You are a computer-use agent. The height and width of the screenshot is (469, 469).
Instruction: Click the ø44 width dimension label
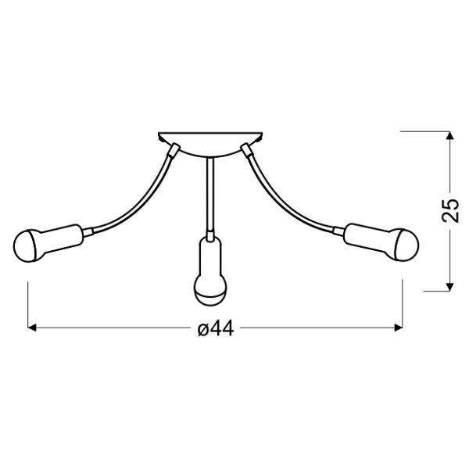pos(215,329)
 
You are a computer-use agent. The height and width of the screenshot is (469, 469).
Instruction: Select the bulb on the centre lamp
pos(209,291)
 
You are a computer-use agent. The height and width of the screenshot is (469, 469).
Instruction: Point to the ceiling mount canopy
pos(210,141)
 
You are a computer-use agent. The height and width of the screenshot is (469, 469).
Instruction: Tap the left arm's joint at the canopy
pos(174,149)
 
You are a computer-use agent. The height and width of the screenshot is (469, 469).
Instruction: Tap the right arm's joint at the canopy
pos(246,148)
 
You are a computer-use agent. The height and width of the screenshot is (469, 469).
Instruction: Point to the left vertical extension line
pos(29,305)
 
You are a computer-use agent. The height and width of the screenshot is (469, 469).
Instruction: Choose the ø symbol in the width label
pos(202,330)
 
